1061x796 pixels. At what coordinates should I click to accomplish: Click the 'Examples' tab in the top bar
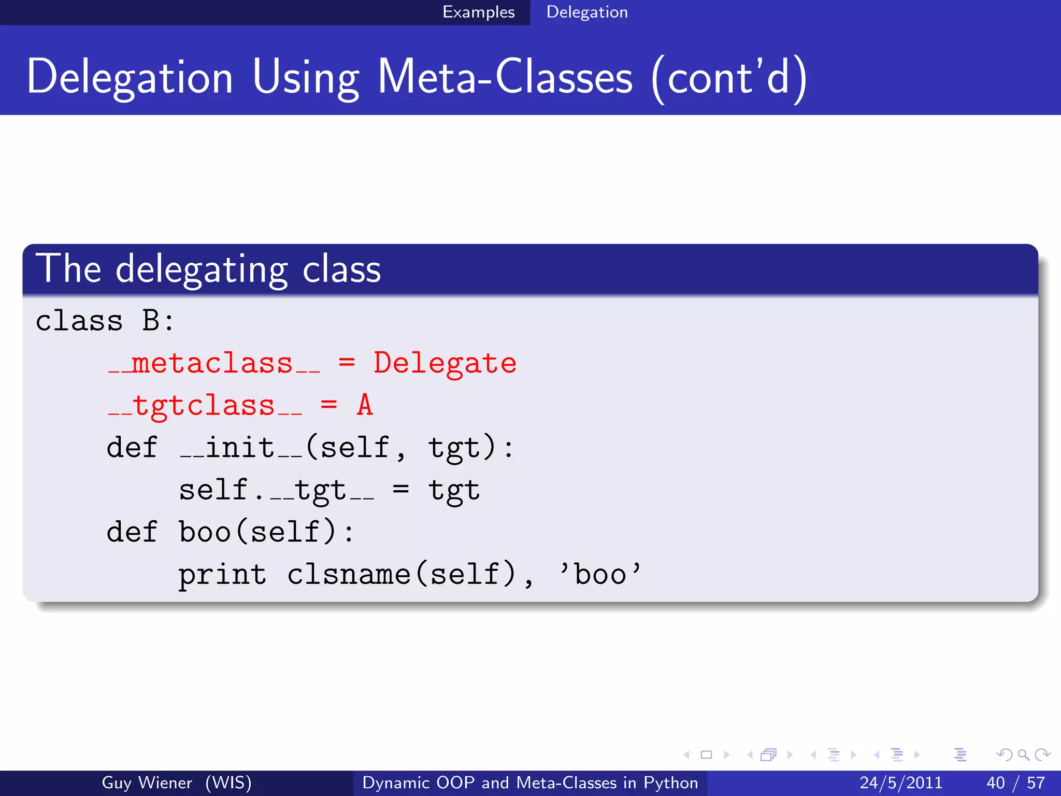(478, 12)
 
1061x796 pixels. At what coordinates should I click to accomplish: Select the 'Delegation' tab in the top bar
(587, 12)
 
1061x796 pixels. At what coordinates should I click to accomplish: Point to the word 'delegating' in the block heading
(202, 271)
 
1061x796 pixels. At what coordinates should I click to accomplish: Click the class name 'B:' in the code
(158, 321)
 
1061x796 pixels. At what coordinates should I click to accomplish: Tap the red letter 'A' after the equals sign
(365, 405)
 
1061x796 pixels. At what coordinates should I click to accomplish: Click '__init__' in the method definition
(241, 448)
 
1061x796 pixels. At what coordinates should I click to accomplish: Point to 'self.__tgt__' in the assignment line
(276, 491)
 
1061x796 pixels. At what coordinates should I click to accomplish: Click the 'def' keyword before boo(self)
(132, 533)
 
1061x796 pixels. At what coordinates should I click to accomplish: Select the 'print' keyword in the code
(222, 575)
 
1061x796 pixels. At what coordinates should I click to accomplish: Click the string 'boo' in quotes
(600, 575)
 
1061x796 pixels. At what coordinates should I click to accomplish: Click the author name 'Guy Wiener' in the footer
(147, 783)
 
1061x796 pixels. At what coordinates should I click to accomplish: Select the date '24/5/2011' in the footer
(901, 783)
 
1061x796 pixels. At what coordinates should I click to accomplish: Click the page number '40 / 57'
(1015, 783)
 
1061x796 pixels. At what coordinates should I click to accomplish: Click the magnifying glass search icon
(1023, 755)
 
